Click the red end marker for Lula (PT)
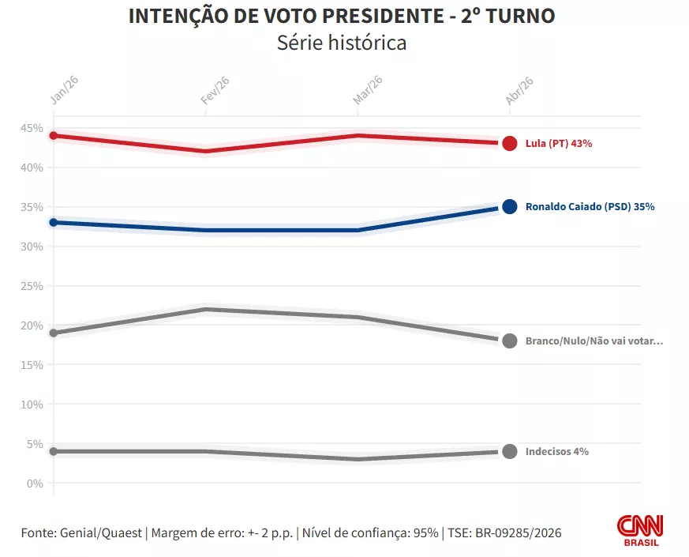[x=510, y=144]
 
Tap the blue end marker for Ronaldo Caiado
[x=510, y=207]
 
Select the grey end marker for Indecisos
[x=510, y=452]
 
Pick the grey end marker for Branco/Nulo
[x=510, y=341]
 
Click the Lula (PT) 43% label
[x=559, y=144]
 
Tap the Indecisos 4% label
[x=557, y=452]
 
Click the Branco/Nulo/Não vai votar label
[x=594, y=341]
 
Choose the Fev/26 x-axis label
[x=215, y=90]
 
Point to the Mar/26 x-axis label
[x=369, y=90]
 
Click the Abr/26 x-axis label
[x=520, y=90]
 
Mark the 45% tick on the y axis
[x=32, y=128]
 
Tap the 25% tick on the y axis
[x=32, y=286]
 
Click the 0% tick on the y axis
[x=35, y=484]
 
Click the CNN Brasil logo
[x=639, y=530]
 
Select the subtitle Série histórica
[x=342, y=43]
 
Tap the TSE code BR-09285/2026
[x=516, y=533]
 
